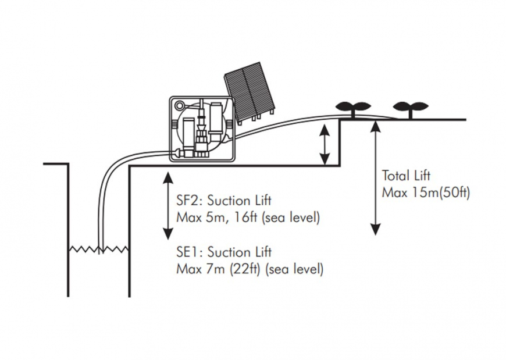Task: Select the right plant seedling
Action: click(x=411, y=108)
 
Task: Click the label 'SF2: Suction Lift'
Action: click(x=223, y=201)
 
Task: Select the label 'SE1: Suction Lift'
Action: click(x=223, y=252)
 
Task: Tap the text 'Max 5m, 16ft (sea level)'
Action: click(x=248, y=218)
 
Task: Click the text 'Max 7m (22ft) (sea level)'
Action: click(x=250, y=270)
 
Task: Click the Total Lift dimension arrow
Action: click(x=376, y=177)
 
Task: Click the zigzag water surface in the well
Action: click(x=98, y=249)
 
